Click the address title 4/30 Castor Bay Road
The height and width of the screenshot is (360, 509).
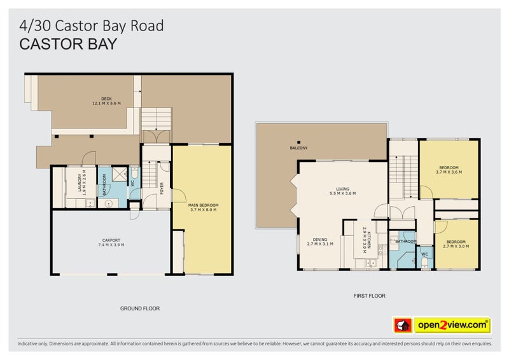click(92, 25)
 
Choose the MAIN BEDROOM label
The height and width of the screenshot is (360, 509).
click(203, 207)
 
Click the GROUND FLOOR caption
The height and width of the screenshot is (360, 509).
click(139, 308)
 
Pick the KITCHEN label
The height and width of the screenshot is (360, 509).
click(365, 240)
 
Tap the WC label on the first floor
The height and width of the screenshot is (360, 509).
click(424, 254)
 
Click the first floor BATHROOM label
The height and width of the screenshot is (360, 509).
click(405, 242)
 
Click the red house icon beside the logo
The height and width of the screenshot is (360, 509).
click(402, 325)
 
